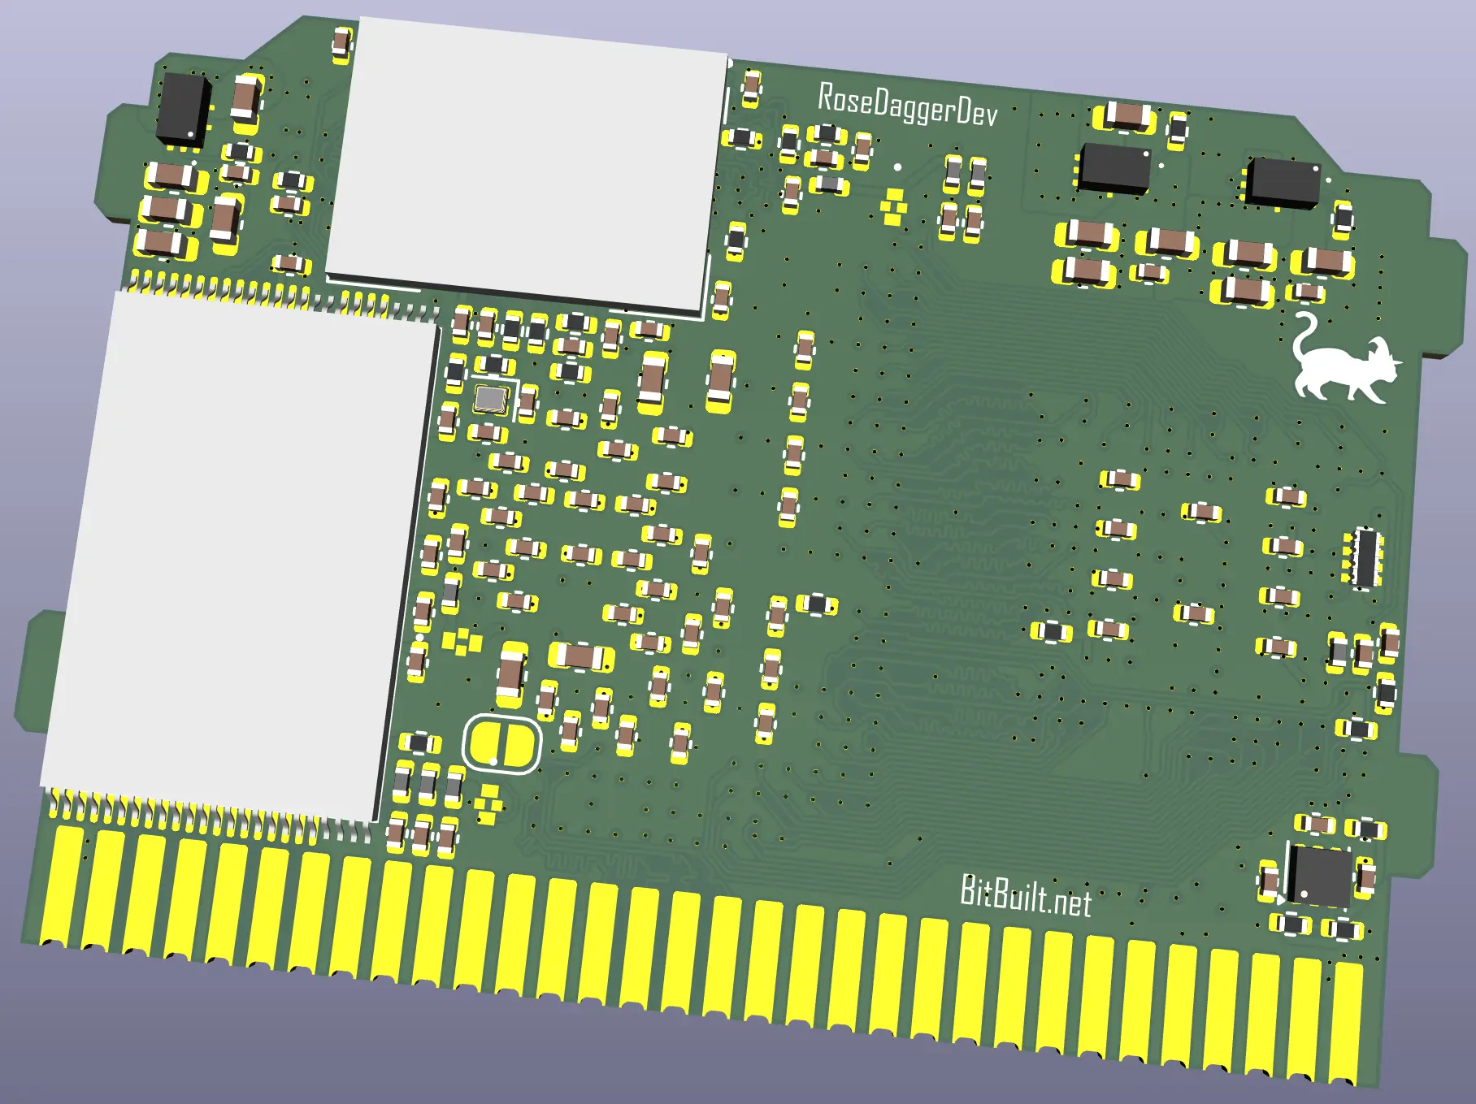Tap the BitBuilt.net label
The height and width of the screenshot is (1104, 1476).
coord(1026,896)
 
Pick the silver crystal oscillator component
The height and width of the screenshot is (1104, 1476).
coord(491,398)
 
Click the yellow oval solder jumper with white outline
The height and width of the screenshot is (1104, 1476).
coord(502,744)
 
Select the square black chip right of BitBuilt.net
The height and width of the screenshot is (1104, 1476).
coord(1319,876)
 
